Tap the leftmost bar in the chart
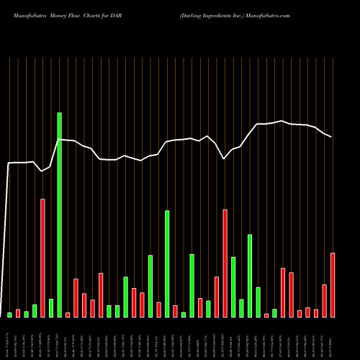coord(10,315)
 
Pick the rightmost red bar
coord(333,285)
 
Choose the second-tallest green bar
coord(168,264)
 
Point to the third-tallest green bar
coord(251,276)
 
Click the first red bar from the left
coord(18,313)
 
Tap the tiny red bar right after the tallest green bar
coord(68,315)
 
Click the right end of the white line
coord(332,137)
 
